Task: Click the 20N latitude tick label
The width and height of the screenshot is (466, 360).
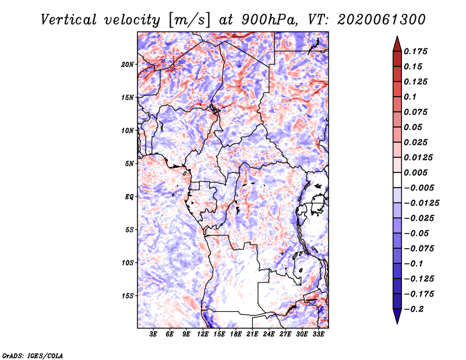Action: coord(127,64)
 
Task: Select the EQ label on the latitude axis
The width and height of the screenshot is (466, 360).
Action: coord(129,196)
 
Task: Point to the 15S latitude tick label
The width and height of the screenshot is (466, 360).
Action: coord(127,295)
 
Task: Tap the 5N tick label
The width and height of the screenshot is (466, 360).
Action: coord(129,164)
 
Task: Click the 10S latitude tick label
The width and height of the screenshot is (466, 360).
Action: coord(127,263)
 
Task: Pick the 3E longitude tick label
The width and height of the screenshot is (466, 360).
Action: coord(153,334)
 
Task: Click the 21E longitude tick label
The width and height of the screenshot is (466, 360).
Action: coord(252,334)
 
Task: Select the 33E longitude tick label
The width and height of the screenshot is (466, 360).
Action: coord(318,334)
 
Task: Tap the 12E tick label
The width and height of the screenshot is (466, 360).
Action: coord(202,334)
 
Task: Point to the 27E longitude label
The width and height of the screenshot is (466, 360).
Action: coord(285,334)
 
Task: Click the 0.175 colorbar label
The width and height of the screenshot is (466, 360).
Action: coord(415,51)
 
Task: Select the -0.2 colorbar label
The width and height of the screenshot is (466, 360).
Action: coord(414,309)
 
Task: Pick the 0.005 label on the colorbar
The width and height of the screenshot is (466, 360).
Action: coord(415,172)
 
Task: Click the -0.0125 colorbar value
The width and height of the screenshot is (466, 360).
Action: coord(421,203)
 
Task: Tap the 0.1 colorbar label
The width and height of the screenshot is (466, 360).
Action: coord(410,97)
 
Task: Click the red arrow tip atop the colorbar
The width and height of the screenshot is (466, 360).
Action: coord(397,37)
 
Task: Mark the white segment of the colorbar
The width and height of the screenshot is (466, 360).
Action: coord(397,180)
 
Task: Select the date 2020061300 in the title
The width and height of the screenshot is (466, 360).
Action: coord(381,20)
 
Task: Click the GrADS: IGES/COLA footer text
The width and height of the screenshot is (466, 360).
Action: coord(33,355)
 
